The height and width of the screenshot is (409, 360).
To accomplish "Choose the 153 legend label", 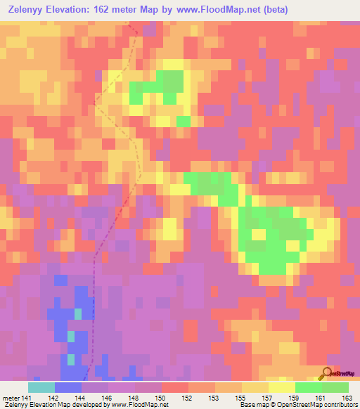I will click(x=214, y=398).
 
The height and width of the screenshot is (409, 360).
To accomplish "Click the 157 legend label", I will click(x=268, y=398).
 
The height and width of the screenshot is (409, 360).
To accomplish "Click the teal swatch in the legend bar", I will click(x=41, y=387).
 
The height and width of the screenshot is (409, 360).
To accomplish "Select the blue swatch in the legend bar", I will click(x=68, y=387).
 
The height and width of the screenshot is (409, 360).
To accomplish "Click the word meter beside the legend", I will click(x=11, y=398).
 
